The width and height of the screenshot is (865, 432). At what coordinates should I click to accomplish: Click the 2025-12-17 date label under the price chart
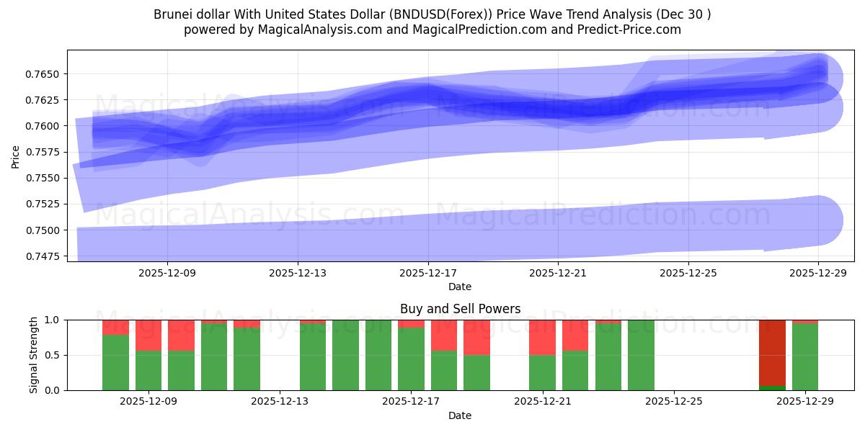[428, 274]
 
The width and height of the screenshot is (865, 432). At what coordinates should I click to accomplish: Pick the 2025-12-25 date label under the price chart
[688, 274]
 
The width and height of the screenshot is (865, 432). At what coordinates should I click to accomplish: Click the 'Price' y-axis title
[16, 156]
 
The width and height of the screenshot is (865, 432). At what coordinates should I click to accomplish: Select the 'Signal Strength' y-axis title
[34, 354]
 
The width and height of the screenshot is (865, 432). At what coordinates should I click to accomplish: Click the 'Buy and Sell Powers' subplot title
[460, 309]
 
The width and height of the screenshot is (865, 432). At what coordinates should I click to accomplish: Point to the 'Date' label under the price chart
[460, 287]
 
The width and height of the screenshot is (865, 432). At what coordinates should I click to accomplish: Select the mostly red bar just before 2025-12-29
[772, 352]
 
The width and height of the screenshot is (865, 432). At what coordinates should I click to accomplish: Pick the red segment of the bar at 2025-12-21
[542, 337]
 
